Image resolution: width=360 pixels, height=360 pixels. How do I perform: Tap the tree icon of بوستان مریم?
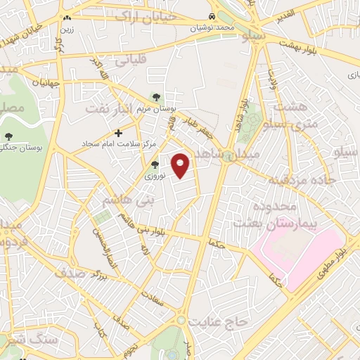pyautogui.click(x=156, y=97)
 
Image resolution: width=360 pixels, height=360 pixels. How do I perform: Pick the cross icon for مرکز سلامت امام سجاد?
pyautogui.click(x=118, y=132)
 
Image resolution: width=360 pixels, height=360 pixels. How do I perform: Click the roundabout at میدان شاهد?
pyautogui.click(x=228, y=157)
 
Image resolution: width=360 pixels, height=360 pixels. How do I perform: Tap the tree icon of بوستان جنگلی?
pyautogui.click(x=8, y=136)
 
